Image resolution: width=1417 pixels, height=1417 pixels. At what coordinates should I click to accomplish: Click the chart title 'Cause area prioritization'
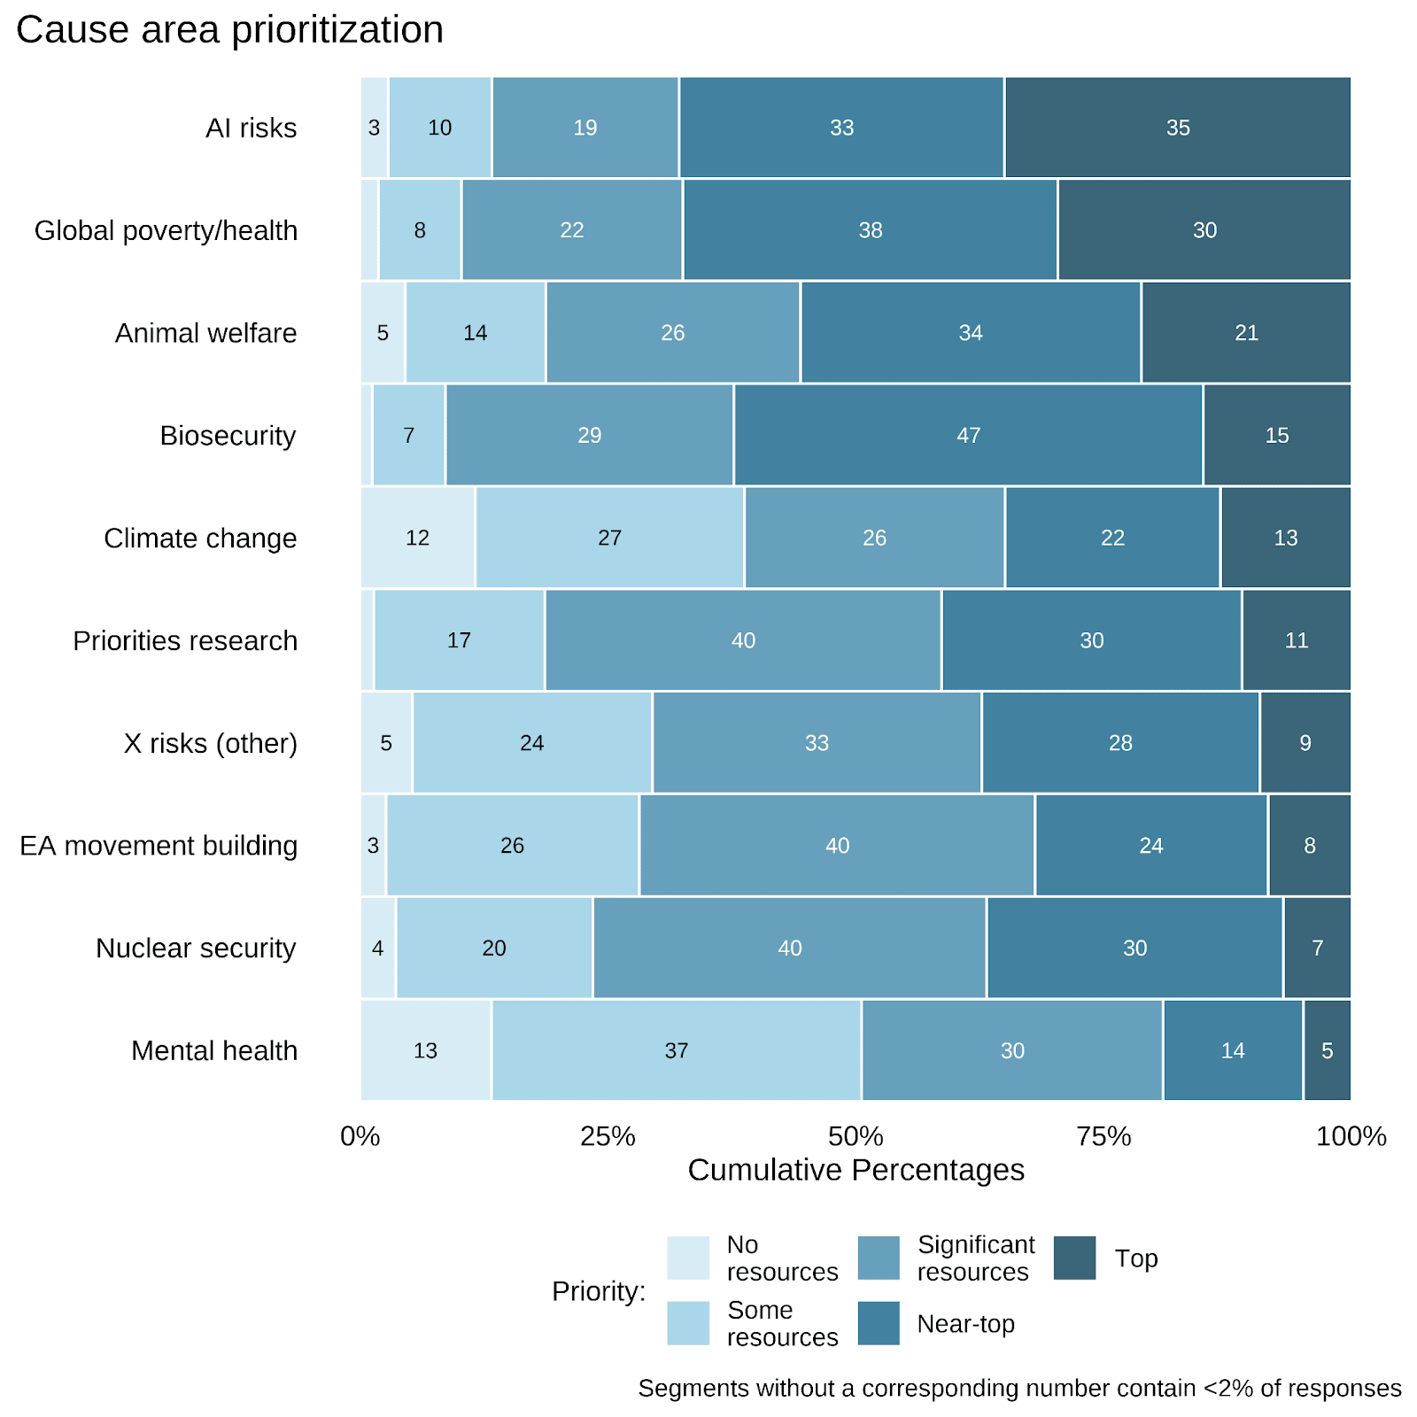[x=229, y=30]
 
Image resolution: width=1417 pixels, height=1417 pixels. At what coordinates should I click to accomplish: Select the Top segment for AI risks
[x=1177, y=128]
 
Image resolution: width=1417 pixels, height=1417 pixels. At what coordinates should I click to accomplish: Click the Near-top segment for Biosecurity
[x=968, y=435]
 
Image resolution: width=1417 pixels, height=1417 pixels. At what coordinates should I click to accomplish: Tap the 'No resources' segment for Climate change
[x=417, y=538]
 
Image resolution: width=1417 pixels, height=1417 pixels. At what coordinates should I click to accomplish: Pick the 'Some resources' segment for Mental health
[x=676, y=1050]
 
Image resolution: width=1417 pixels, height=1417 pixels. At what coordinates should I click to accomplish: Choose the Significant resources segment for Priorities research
[x=743, y=640]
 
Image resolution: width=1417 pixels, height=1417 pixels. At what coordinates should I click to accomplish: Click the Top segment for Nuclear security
[x=1317, y=948]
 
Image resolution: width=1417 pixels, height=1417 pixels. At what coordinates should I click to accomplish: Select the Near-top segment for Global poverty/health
[x=870, y=230]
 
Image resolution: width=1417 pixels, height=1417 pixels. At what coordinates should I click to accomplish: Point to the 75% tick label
[x=1103, y=1136]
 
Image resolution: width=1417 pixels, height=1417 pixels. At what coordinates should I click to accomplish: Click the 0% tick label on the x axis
[x=360, y=1136]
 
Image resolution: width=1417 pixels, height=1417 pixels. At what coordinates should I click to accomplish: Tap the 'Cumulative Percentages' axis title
[x=856, y=1170]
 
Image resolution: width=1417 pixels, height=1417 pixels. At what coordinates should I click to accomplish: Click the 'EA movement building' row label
[x=159, y=846]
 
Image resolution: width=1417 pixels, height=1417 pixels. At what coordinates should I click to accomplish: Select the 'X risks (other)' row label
[x=211, y=743]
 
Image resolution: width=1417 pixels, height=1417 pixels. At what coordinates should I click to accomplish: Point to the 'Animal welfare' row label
[x=205, y=333]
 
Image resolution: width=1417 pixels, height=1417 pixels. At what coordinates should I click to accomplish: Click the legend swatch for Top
[x=1074, y=1258]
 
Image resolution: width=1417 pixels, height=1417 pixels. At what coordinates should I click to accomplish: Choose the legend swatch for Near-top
[x=879, y=1323]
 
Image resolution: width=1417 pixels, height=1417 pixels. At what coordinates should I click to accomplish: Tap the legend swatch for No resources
[x=688, y=1258]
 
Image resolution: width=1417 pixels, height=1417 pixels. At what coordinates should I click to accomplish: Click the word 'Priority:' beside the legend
[x=599, y=1291]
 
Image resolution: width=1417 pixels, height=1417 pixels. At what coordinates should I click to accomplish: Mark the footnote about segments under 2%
[x=1019, y=1388]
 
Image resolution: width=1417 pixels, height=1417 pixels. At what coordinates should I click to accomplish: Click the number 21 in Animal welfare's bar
[x=1246, y=333]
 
